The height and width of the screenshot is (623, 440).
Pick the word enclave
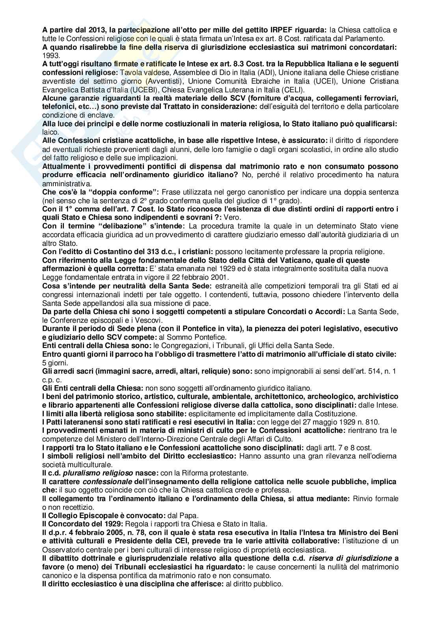(x=101, y=116)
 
